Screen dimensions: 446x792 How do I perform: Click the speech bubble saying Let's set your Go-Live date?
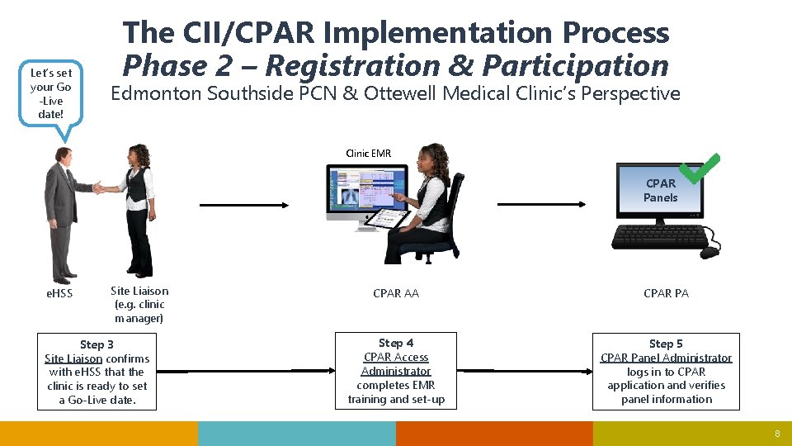pos(51,93)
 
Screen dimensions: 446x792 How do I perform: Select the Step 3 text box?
pos(97,372)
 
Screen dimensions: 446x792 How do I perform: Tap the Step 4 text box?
pos(396,371)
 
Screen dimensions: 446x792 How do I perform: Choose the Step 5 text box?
pos(666,371)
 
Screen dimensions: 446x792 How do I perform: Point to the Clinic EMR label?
pos(369,153)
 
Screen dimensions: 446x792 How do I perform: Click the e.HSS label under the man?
pos(59,293)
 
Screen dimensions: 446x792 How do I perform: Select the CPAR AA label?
pos(396,293)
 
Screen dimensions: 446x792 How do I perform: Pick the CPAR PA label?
pos(666,293)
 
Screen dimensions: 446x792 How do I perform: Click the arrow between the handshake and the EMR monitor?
pos(243,204)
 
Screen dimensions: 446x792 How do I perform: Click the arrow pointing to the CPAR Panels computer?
pos(540,204)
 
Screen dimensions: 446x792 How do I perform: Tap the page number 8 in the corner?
pos(776,434)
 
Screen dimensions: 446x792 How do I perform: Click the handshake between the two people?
pos(100,187)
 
